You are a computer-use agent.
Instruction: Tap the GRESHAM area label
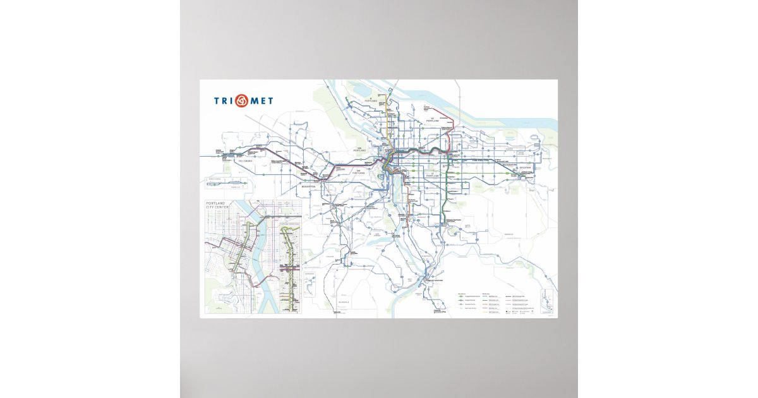pos(526,167)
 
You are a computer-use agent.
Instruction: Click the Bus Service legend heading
pos(464,294)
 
